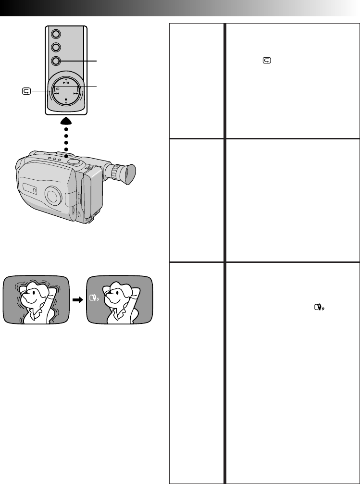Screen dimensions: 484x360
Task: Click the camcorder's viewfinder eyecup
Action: [x=127, y=174]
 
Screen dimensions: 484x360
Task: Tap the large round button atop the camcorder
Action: [x=74, y=163]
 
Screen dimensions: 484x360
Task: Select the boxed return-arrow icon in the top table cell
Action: [x=267, y=61]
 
